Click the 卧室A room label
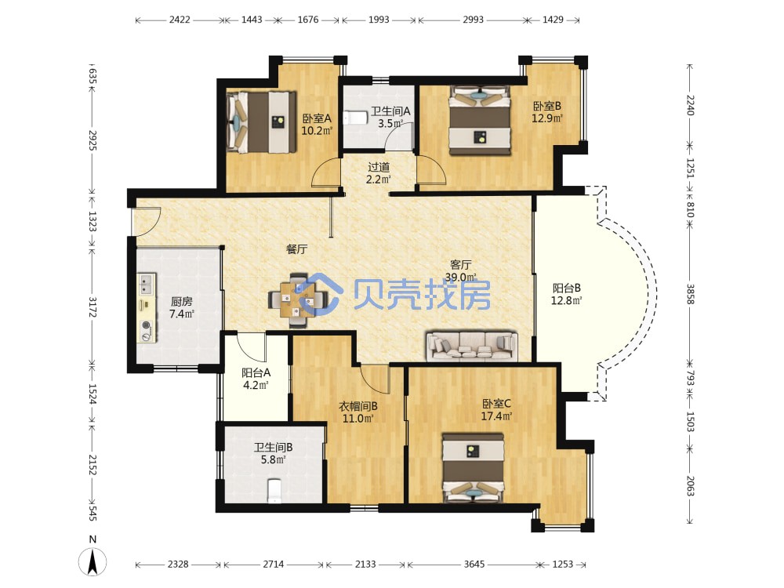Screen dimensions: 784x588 coord(317,125)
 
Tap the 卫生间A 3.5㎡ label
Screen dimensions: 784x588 coord(390,117)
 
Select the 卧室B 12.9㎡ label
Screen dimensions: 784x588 coord(547,112)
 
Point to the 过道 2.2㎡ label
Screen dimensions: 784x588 coord(379,173)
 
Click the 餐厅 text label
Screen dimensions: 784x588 coord(296,249)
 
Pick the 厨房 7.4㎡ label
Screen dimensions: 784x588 coord(182,307)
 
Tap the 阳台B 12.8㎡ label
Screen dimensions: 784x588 coord(567,294)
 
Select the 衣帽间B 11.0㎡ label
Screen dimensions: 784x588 coord(358,412)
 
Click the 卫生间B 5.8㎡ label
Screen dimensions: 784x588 coord(273,453)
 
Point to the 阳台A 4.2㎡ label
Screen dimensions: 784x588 coord(256,379)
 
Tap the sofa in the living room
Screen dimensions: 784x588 coord(472,346)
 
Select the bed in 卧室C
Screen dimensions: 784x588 coord(473,469)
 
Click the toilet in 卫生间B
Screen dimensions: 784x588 coord(274,491)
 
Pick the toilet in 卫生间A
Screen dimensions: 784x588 coord(356,117)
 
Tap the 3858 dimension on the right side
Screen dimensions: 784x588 coord(690,294)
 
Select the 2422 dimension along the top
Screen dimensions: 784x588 coord(180,20)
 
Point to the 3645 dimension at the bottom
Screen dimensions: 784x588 coord(474,564)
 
